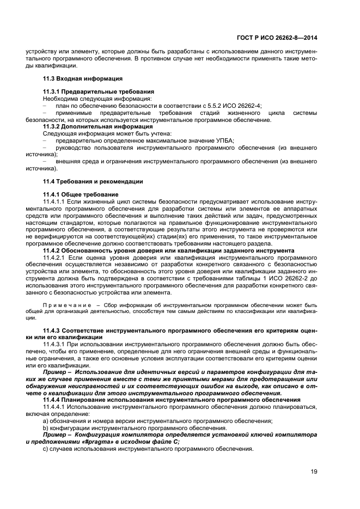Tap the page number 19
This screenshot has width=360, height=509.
[314, 471]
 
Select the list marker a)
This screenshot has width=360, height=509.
[45, 421]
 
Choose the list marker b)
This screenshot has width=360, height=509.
[45, 428]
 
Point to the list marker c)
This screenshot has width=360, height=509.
[45, 450]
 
